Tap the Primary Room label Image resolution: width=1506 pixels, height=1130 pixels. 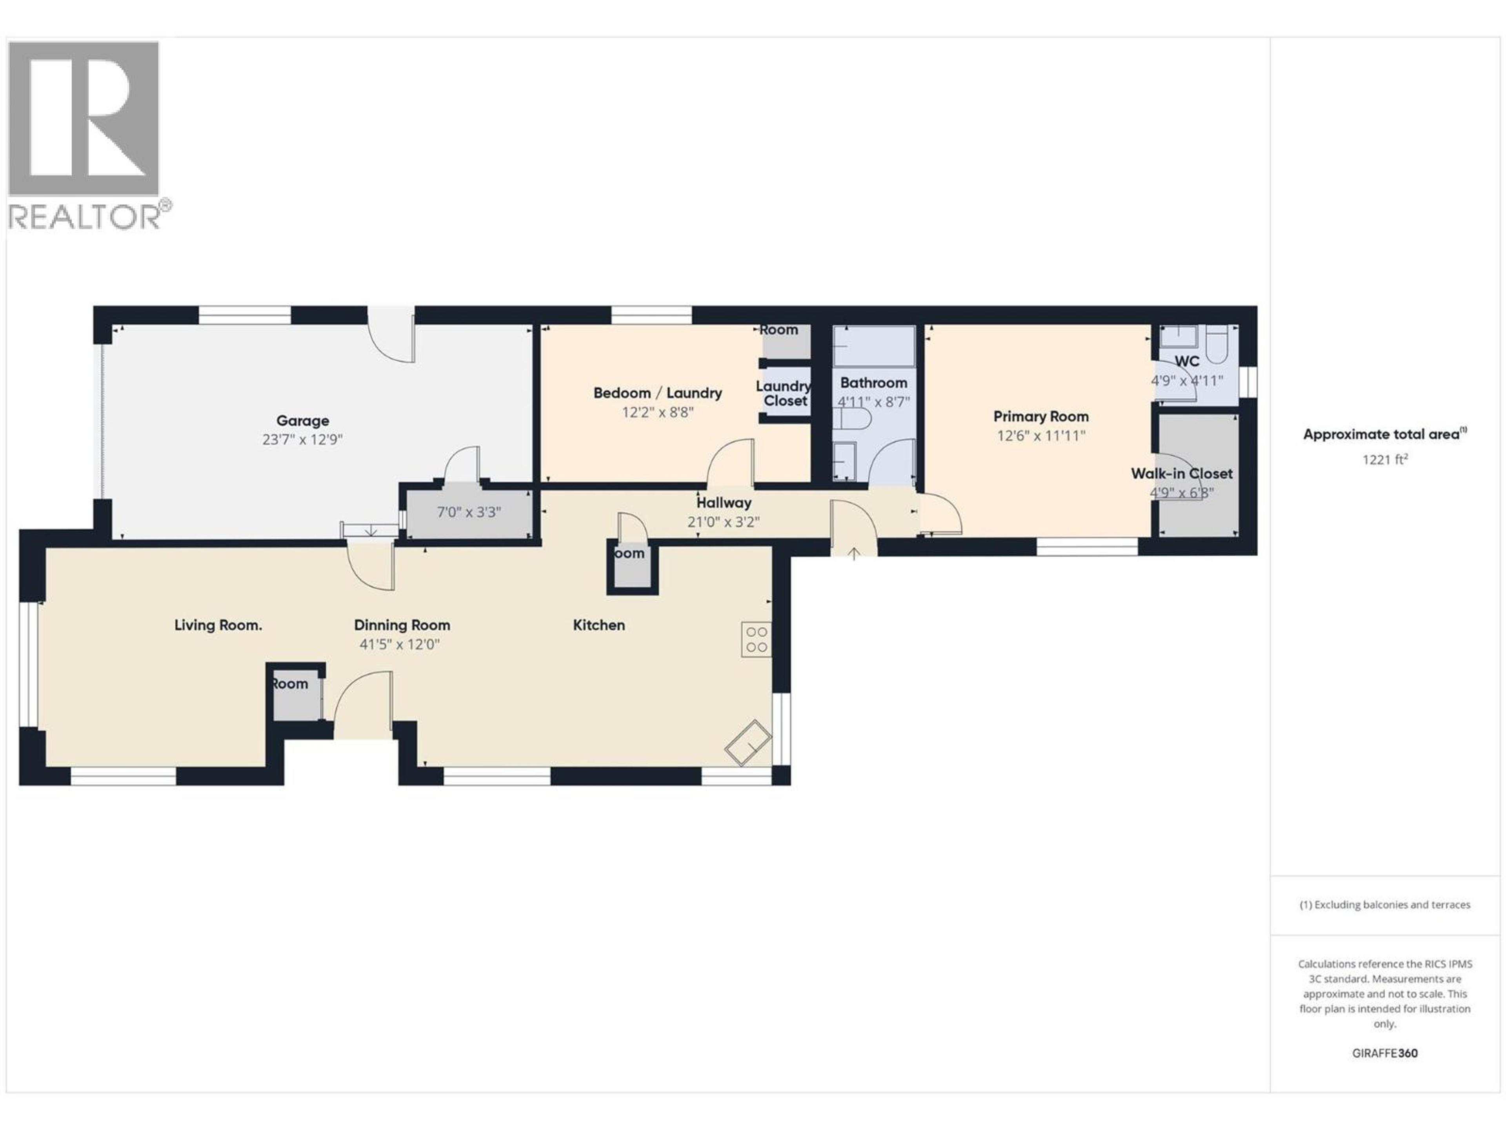pos(1040,416)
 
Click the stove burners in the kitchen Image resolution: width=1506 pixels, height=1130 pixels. pos(757,640)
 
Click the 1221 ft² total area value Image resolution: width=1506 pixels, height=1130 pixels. pos(1385,460)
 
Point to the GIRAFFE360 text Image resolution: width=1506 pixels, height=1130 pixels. pos(1385,1053)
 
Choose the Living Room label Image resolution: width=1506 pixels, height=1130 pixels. pos(218,625)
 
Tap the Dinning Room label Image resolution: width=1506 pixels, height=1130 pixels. pos(402,625)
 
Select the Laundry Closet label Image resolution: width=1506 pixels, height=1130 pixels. pos(784,394)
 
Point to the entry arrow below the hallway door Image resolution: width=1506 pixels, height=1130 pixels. pos(854,554)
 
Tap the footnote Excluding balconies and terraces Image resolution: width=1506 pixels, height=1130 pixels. pos(1385,904)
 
